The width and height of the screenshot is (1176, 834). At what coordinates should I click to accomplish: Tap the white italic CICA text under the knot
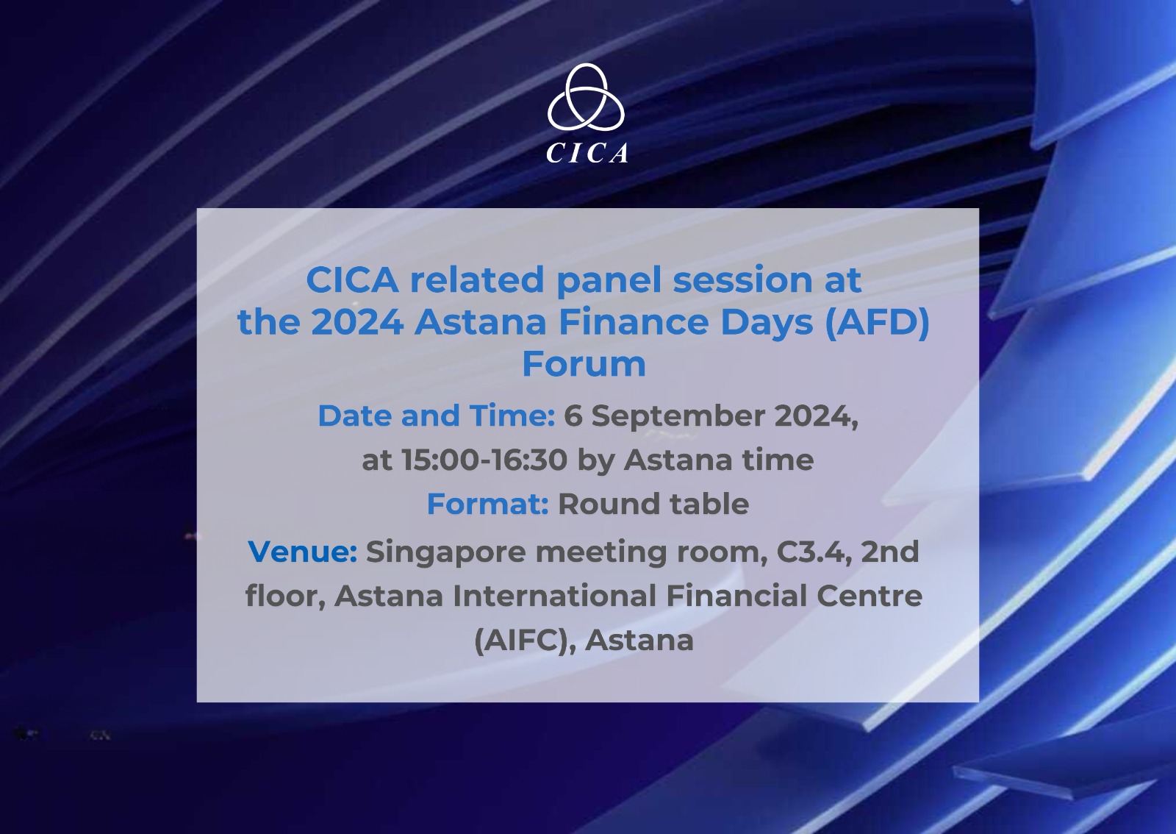[587, 154]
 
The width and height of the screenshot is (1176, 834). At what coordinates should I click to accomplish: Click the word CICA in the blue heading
[352, 280]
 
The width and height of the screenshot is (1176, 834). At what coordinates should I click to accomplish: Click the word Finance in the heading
[633, 322]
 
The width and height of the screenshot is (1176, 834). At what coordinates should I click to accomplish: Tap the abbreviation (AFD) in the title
[877, 322]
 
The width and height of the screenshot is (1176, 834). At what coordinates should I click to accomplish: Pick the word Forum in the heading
[584, 364]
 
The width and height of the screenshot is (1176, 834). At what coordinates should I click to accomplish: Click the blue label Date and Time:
[437, 416]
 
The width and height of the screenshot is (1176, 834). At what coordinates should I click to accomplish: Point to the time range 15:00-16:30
[484, 460]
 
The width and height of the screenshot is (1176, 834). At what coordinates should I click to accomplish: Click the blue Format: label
[488, 504]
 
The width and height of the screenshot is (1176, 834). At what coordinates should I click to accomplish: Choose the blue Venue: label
[302, 552]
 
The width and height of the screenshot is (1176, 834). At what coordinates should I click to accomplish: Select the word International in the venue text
[554, 596]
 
